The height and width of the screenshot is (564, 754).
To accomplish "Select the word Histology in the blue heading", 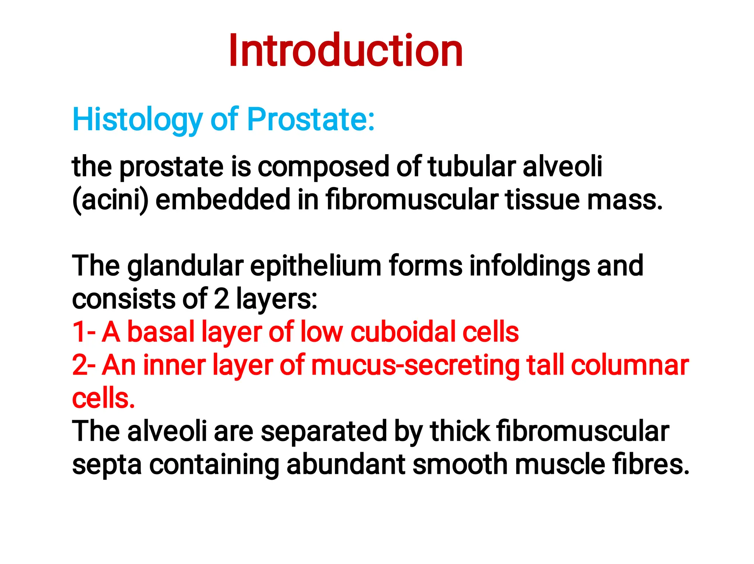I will pyautogui.click(x=137, y=120).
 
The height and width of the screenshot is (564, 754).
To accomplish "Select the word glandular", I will pyautogui.click(x=185, y=266).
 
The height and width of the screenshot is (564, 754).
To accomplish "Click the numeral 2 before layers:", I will pyautogui.click(x=221, y=299).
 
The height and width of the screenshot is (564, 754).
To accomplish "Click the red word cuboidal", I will pyautogui.click(x=403, y=332).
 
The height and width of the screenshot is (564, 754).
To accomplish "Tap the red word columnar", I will pyautogui.click(x=630, y=365).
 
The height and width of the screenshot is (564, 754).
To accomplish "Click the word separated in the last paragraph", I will pyautogui.click(x=324, y=431).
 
